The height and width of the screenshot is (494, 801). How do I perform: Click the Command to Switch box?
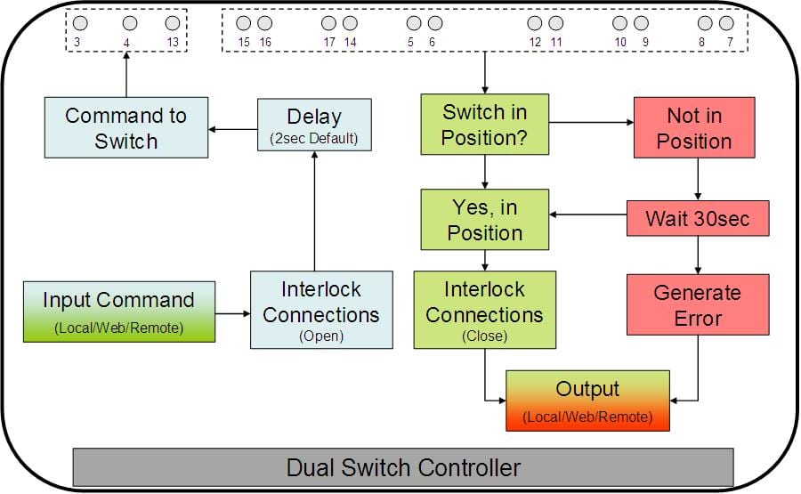pyautogui.click(x=126, y=128)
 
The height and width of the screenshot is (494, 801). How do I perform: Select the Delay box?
pyautogui.click(x=314, y=125)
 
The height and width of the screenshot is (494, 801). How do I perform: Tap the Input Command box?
pyautogui.click(x=118, y=312)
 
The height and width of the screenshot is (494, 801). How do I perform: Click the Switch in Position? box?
pyautogui.click(x=484, y=125)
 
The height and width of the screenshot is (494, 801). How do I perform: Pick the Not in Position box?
pyautogui.click(x=693, y=128)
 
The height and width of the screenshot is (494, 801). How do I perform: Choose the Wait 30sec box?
pyautogui.click(x=698, y=218)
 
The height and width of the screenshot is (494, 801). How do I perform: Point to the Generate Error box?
pyautogui.click(x=697, y=304)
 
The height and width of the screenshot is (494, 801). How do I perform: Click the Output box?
pyautogui.click(x=587, y=401)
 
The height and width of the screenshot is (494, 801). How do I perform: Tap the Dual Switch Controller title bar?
pyautogui.click(x=403, y=467)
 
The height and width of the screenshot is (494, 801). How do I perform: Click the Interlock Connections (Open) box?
pyautogui.click(x=320, y=310)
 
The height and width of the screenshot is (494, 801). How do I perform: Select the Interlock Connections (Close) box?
pyautogui.click(x=484, y=310)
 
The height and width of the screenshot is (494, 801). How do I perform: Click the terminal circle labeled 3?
pyautogui.click(x=80, y=23)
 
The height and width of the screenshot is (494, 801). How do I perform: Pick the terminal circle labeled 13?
pyautogui.click(x=173, y=23)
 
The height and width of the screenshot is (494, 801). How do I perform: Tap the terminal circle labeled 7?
pyautogui.click(x=726, y=23)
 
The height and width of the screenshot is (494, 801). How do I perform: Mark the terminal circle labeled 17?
pyautogui.click(x=328, y=23)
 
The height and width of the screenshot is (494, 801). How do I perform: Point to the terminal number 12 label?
pyautogui.click(x=534, y=42)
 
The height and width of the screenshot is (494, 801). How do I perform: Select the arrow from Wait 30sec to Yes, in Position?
pyautogui.click(x=587, y=215)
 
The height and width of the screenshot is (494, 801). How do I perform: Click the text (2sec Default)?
pyautogui.click(x=314, y=139)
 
